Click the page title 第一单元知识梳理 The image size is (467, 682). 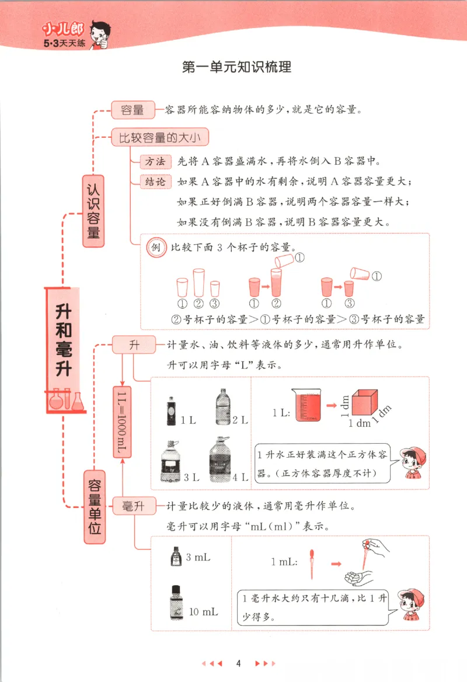236,67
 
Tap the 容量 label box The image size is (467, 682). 133,110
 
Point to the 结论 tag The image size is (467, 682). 156,182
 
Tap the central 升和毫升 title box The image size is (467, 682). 64,342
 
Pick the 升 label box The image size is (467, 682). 134,345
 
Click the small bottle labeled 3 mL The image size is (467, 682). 175,556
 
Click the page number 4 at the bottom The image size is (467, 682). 238,663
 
